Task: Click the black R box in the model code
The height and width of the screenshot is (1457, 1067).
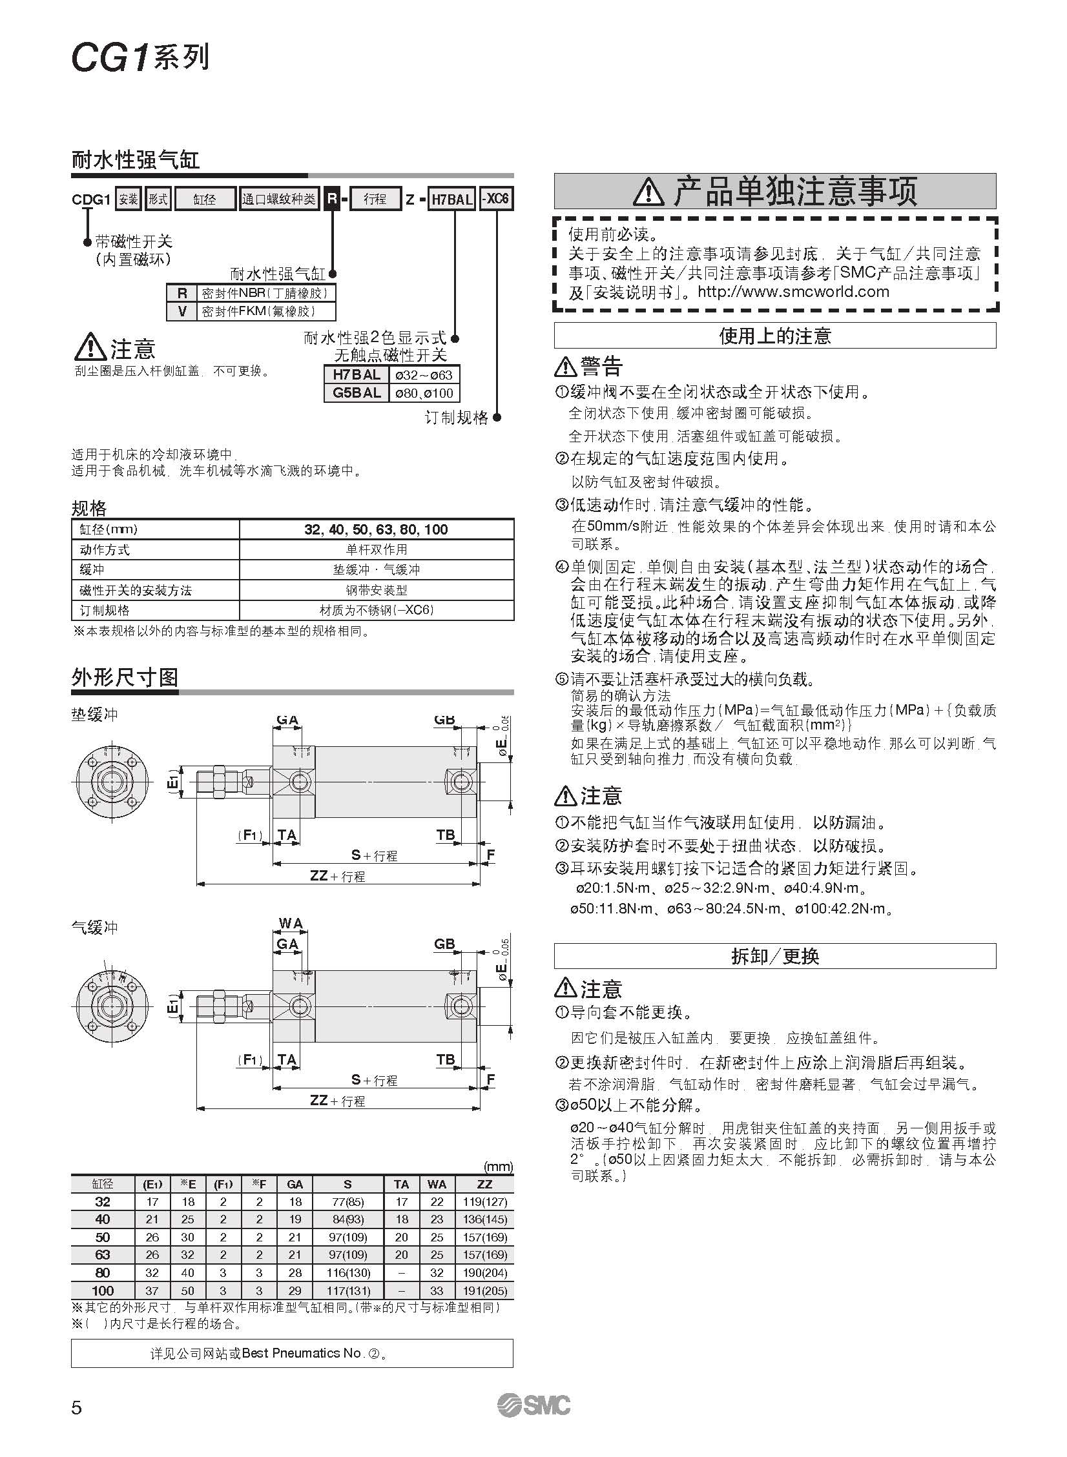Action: click(x=331, y=199)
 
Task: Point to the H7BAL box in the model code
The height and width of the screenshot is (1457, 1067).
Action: click(x=451, y=199)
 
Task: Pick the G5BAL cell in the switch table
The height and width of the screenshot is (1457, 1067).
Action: click(x=357, y=393)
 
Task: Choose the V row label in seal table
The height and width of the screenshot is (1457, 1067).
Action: click(x=183, y=311)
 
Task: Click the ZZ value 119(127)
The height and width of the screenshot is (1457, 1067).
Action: click(x=484, y=1202)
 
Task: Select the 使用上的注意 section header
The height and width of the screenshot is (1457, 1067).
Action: click(x=774, y=336)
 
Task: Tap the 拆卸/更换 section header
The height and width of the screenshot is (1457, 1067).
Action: click(x=774, y=955)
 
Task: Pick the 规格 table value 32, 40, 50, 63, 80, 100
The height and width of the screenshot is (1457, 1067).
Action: click(x=376, y=529)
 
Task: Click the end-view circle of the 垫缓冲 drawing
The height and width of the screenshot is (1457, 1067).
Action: click(x=112, y=782)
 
